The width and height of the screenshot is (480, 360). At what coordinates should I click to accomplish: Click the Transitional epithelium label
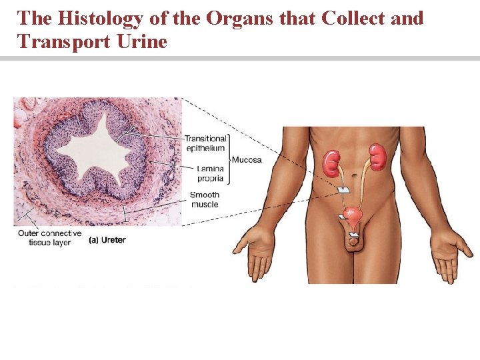(x=205, y=143)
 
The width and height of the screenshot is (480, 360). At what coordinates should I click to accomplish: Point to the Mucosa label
(x=247, y=160)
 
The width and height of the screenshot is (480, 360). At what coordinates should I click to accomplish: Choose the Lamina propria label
(x=211, y=174)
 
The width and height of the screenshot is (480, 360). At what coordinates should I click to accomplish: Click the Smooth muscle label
(x=204, y=199)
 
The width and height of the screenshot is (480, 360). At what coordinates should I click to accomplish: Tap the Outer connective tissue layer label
(x=49, y=238)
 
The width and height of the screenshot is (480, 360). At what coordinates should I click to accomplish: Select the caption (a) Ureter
(x=107, y=239)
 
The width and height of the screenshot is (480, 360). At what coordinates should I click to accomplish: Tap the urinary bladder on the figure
(x=353, y=217)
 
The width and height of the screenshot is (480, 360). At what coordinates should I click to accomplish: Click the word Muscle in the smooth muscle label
(x=204, y=204)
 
